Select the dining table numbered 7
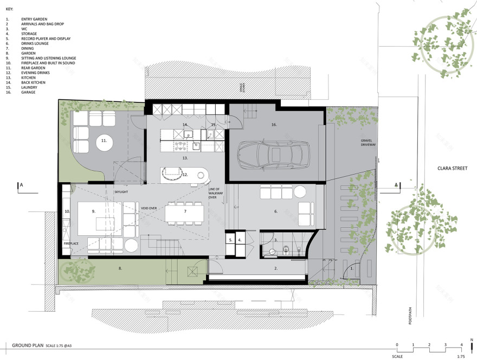coord(184,212)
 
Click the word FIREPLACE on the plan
coord(71,243)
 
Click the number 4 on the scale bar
coord(461,345)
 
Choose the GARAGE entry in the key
coord(29,92)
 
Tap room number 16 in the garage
coord(274,125)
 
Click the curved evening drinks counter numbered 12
coord(184,175)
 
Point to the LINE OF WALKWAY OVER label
coord(216,193)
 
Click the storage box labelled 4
coord(240,239)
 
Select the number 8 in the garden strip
coord(120,267)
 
